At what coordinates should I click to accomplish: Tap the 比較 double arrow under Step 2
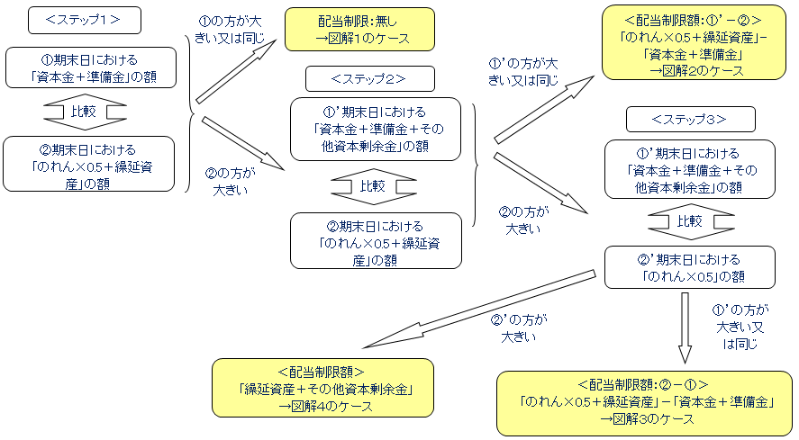[x=372, y=187]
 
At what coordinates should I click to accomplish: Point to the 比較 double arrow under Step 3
[x=689, y=221]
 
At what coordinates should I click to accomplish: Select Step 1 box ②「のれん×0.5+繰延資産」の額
[x=90, y=164]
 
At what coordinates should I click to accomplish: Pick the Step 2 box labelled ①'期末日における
[x=376, y=129]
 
